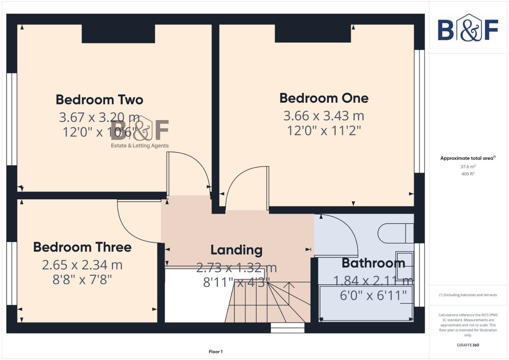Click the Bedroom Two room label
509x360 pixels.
[x=99, y=100]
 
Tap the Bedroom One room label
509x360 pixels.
[x=324, y=98]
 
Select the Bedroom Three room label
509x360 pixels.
[x=82, y=247]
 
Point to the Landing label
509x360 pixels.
[x=236, y=250]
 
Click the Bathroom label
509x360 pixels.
[x=373, y=263]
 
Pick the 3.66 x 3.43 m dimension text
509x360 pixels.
[x=324, y=116]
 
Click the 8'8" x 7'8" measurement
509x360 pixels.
[x=82, y=279]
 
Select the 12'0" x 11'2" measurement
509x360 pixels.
[x=324, y=130]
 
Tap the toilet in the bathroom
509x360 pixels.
[x=395, y=233]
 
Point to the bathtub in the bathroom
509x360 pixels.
[x=366, y=303]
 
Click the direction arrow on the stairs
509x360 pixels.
[x=289, y=285]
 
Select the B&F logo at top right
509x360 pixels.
[x=468, y=28]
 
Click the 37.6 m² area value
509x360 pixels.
[x=468, y=167]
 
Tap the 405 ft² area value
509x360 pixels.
[x=468, y=174]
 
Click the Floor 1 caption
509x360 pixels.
[x=216, y=352]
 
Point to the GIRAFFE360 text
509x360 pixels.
[x=468, y=345]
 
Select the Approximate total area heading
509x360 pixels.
[x=468, y=158]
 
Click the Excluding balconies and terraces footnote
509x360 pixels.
[x=468, y=295]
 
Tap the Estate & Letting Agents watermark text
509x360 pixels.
[x=140, y=146]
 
